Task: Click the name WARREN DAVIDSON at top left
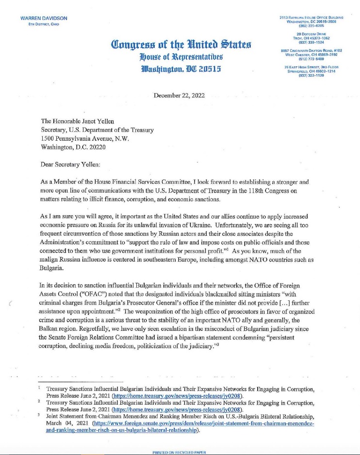(44, 18)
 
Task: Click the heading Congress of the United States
(180, 46)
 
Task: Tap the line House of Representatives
(180, 59)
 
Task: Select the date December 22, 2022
(180, 95)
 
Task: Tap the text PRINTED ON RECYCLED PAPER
(180, 452)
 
